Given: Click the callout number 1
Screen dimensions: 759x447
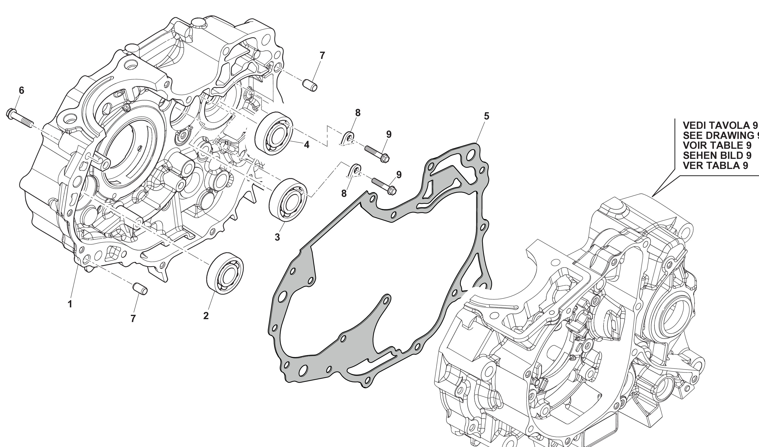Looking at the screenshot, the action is [x=70, y=304].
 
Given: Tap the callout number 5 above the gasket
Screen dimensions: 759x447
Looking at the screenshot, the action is [x=486, y=116].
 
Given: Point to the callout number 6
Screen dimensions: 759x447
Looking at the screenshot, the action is [x=21, y=90].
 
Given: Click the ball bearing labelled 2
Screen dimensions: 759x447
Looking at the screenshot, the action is [x=225, y=273].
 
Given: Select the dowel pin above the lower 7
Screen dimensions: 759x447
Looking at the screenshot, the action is [x=140, y=288].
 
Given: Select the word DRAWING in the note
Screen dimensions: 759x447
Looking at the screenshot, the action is [x=735, y=135].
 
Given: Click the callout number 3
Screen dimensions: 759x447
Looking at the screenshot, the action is [x=277, y=237].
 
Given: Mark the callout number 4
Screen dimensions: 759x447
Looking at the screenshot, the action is [x=307, y=145].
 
